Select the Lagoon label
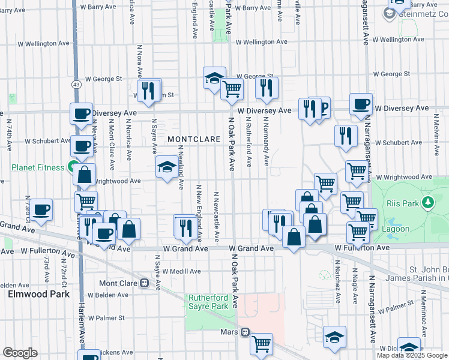pyautogui.click(x=397, y=229)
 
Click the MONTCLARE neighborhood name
pyautogui.click(x=191, y=139)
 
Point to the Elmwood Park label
pyautogui.click(x=38, y=294)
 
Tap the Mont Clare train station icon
pyautogui.click(x=144, y=283)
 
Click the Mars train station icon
pyautogui.click(x=245, y=332)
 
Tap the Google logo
pyautogui.click(x=20, y=353)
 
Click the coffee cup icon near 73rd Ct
pyautogui.click(x=41, y=210)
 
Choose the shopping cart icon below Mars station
pyautogui.click(x=261, y=344)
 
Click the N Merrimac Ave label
pyautogui.click(x=423, y=312)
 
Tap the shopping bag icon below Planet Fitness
pyautogui.click(x=85, y=175)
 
